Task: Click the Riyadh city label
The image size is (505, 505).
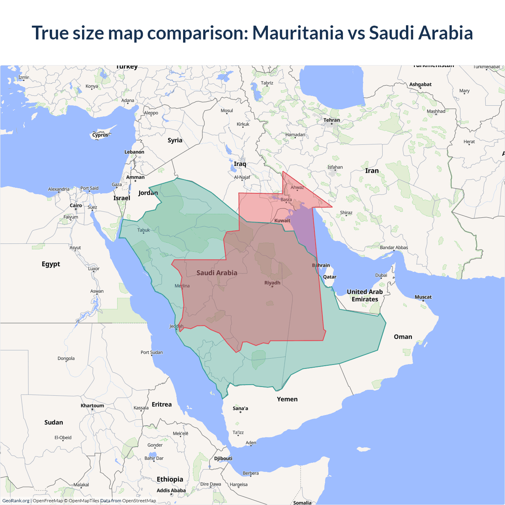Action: (x=272, y=283)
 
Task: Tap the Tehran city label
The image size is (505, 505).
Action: (x=331, y=120)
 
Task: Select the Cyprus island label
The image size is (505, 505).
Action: (x=100, y=135)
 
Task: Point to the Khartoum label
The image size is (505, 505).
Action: (x=92, y=406)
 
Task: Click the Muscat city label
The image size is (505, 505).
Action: (x=423, y=297)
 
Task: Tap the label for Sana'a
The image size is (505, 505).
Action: (x=240, y=408)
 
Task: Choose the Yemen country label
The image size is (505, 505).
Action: (x=287, y=399)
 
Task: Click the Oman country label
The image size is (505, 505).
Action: (x=403, y=337)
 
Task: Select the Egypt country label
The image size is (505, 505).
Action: (x=51, y=264)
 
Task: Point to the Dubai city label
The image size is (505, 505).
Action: (x=381, y=275)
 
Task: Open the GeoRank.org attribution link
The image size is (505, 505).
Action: (x=16, y=501)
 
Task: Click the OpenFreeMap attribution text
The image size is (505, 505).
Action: (x=48, y=501)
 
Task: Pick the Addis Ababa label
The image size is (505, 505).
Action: (x=171, y=490)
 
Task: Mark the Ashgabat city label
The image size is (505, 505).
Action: (x=420, y=84)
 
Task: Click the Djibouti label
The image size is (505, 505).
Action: (x=223, y=458)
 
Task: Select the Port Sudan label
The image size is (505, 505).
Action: (x=151, y=352)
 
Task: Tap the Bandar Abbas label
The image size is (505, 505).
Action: (x=394, y=248)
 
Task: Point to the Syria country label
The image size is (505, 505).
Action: (x=175, y=140)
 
